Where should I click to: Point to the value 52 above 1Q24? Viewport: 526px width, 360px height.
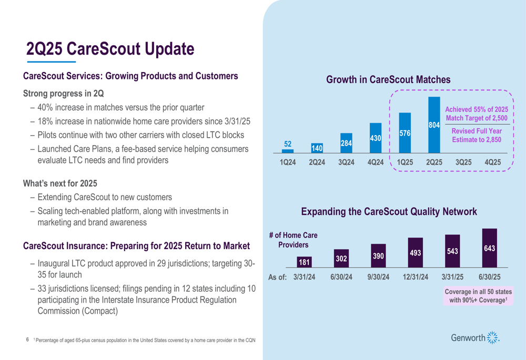(287, 143)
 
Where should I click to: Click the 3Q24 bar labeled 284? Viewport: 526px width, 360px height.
(346, 143)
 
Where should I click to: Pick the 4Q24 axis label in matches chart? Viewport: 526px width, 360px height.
(375, 162)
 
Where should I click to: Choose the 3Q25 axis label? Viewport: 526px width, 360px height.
(463, 162)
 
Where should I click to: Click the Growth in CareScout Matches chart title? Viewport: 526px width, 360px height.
(388, 80)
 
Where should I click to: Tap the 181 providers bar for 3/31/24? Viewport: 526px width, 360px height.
(304, 261)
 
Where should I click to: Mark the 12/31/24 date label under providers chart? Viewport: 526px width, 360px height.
(415, 277)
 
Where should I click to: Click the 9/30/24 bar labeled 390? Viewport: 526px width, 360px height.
(378, 256)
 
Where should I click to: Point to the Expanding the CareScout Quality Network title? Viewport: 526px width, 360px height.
(389, 212)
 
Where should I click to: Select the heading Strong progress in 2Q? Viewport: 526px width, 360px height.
(63, 94)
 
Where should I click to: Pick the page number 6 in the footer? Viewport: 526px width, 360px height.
(27, 340)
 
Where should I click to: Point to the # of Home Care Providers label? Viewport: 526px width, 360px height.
(293, 240)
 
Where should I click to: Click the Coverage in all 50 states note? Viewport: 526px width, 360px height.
(478, 295)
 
